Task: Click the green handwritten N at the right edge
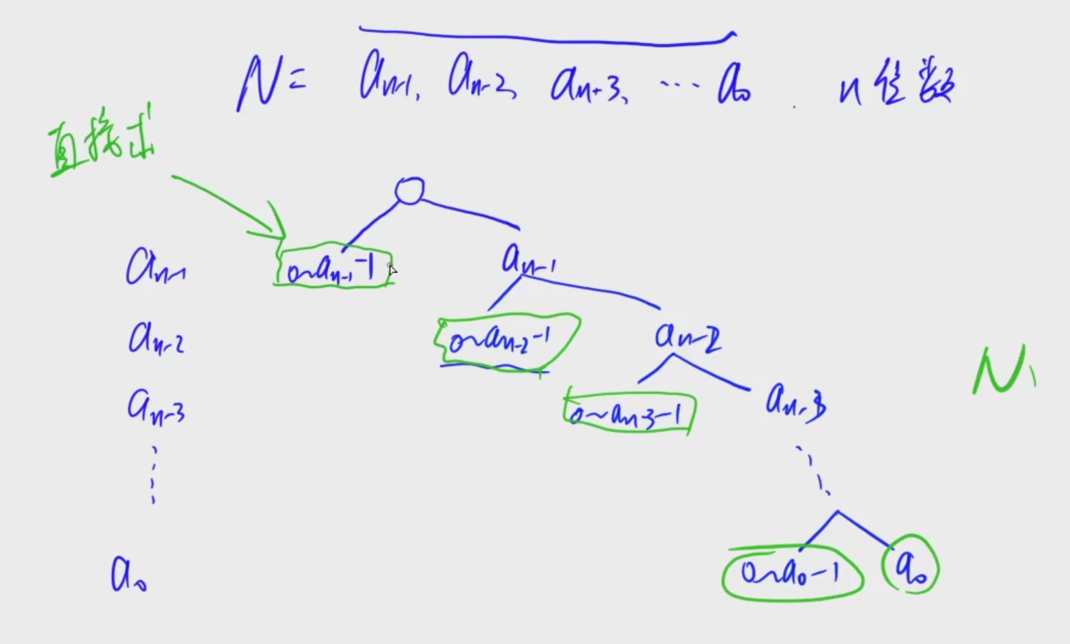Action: click(x=1002, y=371)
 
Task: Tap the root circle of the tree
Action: click(x=409, y=191)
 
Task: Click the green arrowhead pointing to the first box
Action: click(x=276, y=226)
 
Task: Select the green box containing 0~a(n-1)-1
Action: click(x=333, y=267)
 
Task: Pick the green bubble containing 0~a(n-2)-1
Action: click(x=506, y=338)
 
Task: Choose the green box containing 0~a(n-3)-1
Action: click(x=629, y=412)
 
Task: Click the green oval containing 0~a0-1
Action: click(x=793, y=572)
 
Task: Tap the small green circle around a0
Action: click(x=911, y=569)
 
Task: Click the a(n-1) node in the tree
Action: click(x=527, y=260)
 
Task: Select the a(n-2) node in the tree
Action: click(x=687, y=336)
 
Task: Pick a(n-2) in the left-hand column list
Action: click(x=156, y=338)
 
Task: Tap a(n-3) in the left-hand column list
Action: click(x=156, y=407)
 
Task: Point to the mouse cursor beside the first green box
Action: click(x=392, y=270)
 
